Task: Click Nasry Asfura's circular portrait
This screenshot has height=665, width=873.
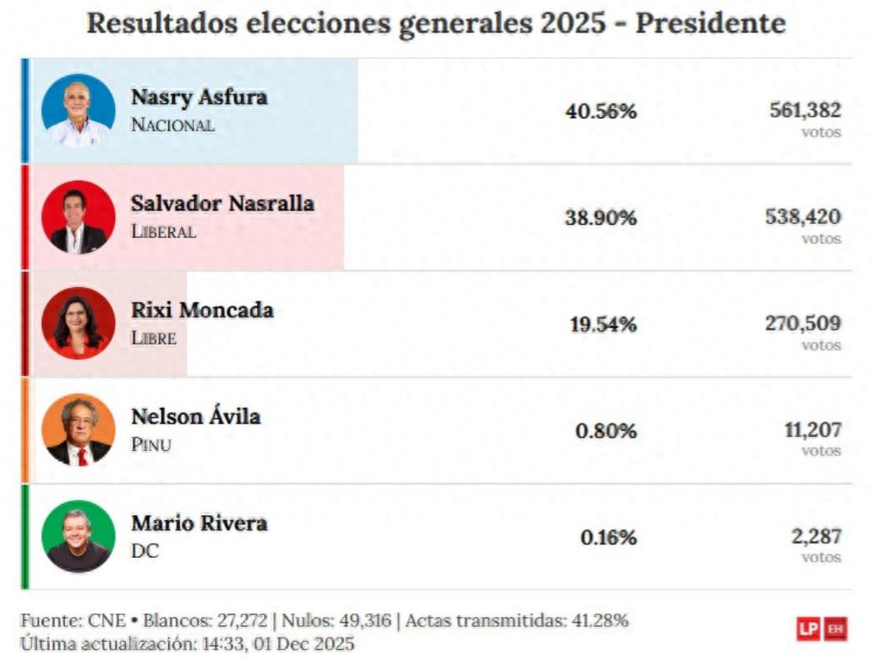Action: (x=78, y=110)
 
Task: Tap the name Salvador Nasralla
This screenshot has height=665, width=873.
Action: (x=222, y=203)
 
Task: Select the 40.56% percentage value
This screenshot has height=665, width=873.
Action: (x=601, y=112)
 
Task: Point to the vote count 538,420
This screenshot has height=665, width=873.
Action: (x=803, y=216)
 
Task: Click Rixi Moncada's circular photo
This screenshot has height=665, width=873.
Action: (x=78, y=323)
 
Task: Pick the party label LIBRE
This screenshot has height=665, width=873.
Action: (x=154, y=339)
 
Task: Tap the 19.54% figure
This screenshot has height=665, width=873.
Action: (x=603, y=325)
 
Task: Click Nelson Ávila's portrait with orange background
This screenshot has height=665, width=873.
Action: (x=78, y=429)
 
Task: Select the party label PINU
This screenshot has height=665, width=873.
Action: (x=151, y=444)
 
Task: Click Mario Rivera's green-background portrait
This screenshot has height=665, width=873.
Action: (x=78, y=536)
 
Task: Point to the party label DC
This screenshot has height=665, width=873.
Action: (x=144, y=551)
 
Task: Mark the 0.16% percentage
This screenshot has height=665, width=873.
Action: (x=608, y=538)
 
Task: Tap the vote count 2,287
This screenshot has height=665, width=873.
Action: (x=816, y=536)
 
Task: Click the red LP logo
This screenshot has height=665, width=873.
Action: (x=807, y=629)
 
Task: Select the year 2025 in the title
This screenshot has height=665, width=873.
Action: (x=572, y=23)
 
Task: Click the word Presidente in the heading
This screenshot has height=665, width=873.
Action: (x=711, y=23)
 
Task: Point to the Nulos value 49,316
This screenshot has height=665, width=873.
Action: (x=364, y=621)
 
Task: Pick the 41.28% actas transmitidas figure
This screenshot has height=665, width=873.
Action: (x=599, y=621)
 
